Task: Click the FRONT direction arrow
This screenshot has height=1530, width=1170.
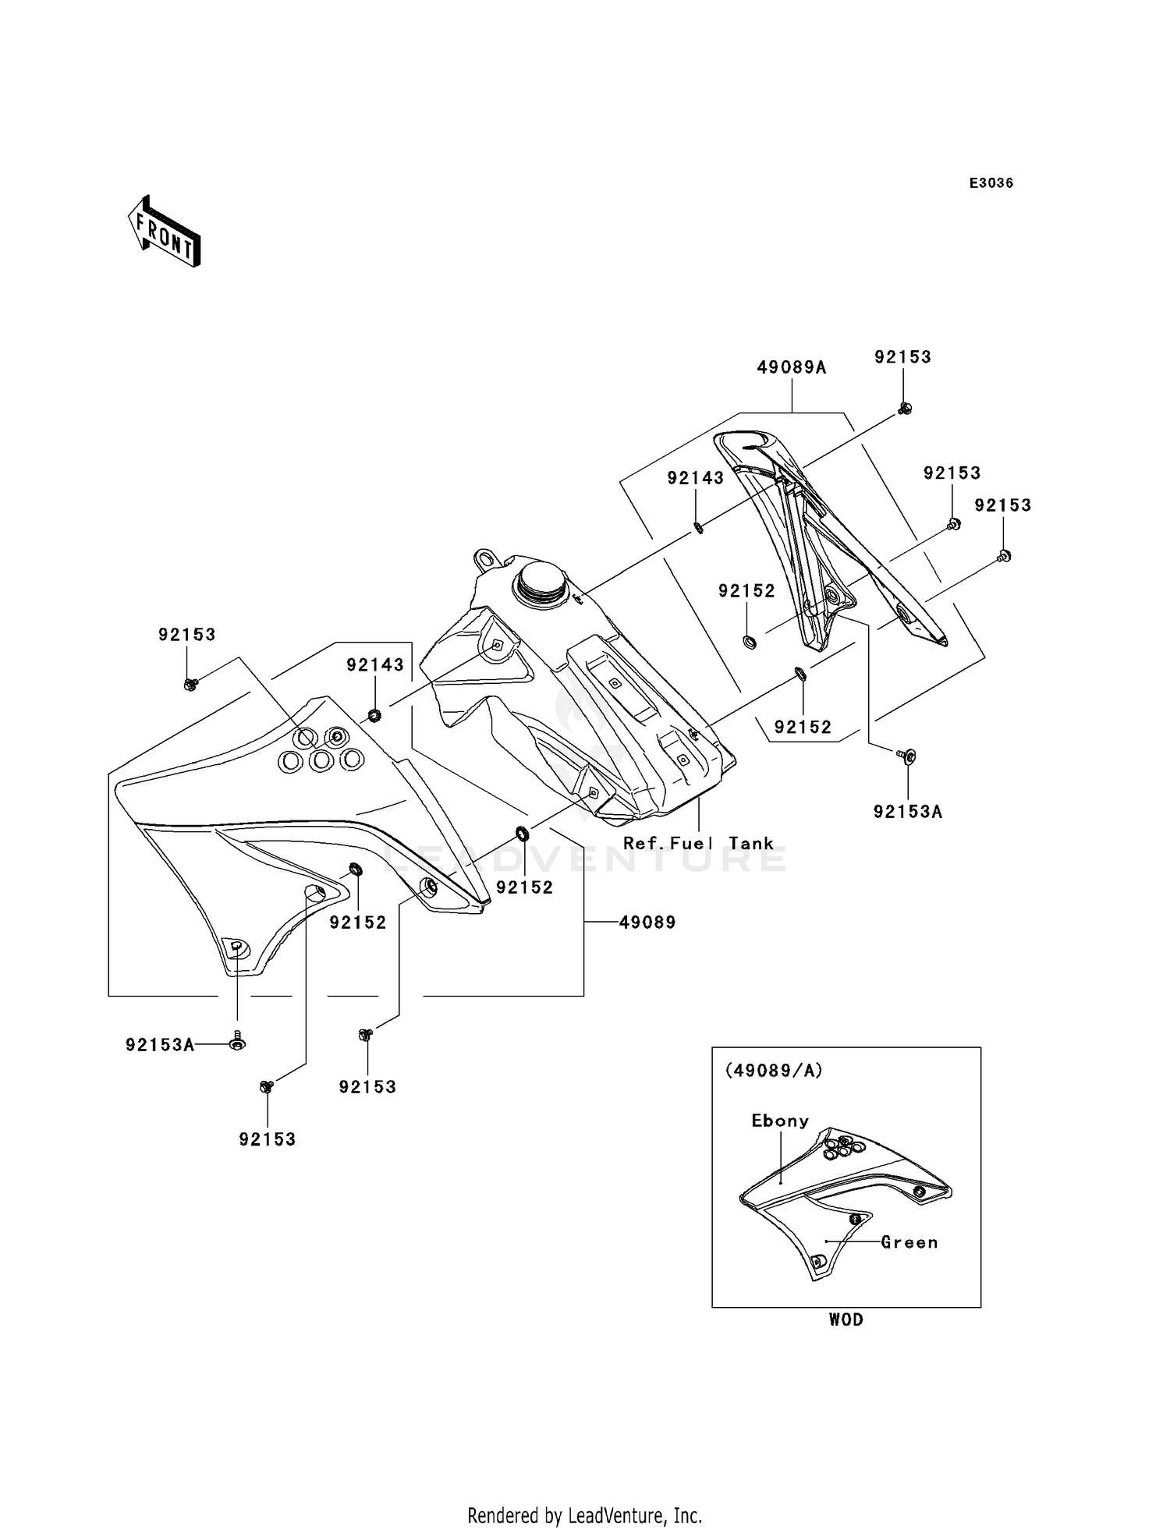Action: (165, 231)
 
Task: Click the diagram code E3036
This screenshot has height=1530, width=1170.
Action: (991, 183)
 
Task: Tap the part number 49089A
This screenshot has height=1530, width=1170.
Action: (791, 367)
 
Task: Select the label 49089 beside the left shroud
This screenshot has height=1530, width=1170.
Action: (647, 923)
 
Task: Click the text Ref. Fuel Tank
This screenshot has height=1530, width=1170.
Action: (697, 844)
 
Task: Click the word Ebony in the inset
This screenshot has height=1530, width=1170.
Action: (779, 1121)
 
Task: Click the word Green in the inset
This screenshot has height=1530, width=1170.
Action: (909, 1243)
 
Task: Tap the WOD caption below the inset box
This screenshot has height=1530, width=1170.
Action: (846, 1320)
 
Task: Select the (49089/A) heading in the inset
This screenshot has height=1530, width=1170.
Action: (774, 1071)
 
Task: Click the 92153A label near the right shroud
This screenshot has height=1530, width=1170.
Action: (907, 812)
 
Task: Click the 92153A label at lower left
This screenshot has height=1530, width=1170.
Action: (160, 1045)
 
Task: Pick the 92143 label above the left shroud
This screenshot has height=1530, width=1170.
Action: (375, 665)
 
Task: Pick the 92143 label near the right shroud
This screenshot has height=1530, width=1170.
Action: (695, 478)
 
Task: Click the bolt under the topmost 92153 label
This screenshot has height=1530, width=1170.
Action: (904, 408)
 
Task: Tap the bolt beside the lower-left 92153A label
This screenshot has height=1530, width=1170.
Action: (237, 1042)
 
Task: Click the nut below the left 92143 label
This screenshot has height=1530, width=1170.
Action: (374, 714)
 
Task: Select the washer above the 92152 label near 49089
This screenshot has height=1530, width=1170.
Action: (523, 835)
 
